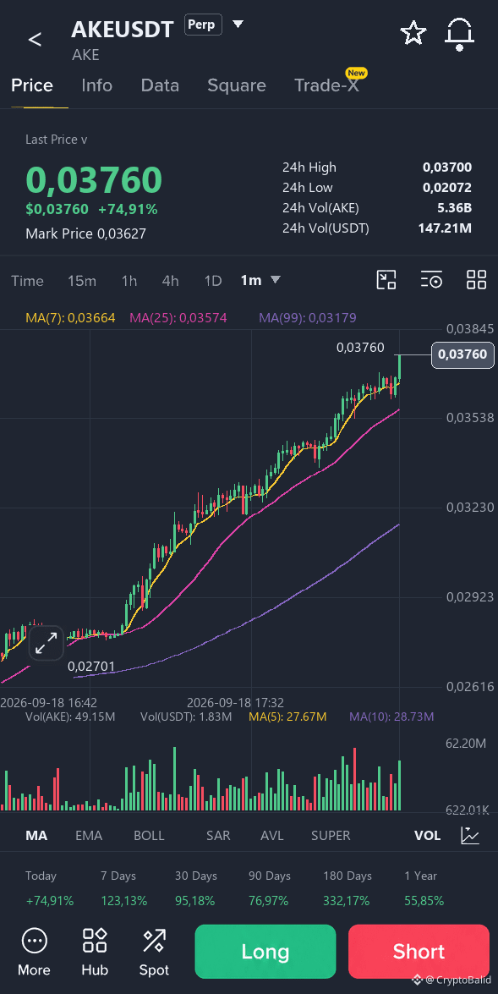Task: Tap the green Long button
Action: pyautogui.click(x=265, y=952)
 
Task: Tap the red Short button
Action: pyautogui.click(x=419, y=952)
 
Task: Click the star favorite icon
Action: pyautogui.click(x=413, y=33)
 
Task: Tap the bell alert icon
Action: pyautogui.click(x=459, y=34)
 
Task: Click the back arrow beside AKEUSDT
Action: pyautogui.click(x=35, y=39)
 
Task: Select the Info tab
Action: pyautogui.click(x=97, y=85)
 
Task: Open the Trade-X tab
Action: pyautogui.click(x=327, y=85)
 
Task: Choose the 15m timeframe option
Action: pyautogui.click(x=82, y=281)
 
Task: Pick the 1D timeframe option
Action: pyautogui.click(x=213, y=281)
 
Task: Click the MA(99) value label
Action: pyautogui.click(x=308, y=317)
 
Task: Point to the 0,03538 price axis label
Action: pyautogui.click(x=470, y=418)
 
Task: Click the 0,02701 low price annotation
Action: pyautogui.click(x=91, y=667)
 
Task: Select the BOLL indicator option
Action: pyautogui.click(x=149, y=836)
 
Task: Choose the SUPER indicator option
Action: pyautogui.click(x=331, y=836)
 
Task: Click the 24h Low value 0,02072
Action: pyautogui.click(x=447, y=188)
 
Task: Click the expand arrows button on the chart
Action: pyautogui.click(x=47, y=644)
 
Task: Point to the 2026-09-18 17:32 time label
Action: pyautogui.click(x=236, y=702)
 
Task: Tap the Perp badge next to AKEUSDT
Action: pyautogui.click(x=203, y=25)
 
